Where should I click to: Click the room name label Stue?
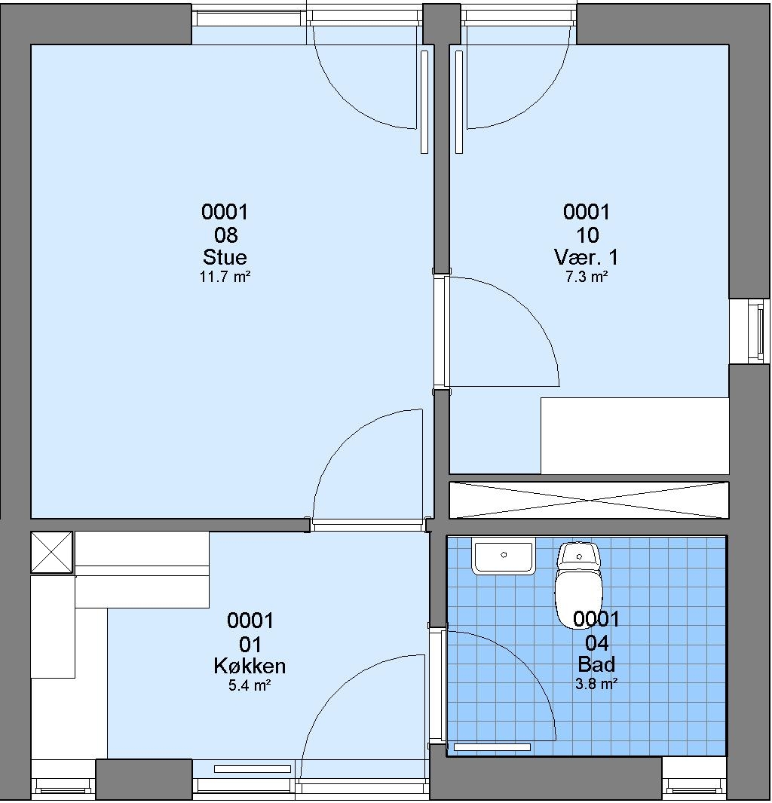pos(225,256)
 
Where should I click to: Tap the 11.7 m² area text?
pos(225,277)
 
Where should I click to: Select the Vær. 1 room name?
pos(587,256)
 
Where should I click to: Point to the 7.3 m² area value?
pos(587,277)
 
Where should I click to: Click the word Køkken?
pos(250,666)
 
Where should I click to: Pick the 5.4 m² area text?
pos(250,685)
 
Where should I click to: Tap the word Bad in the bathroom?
pos(596,664)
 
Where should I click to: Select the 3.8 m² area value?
pos(596,684)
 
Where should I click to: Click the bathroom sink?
pos(504,556)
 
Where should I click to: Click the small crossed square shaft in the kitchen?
pos(52,552)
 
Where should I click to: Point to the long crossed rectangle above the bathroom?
pos(589,500)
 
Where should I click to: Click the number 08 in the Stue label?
pos(225,235)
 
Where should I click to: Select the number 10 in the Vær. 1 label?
pos(587,235)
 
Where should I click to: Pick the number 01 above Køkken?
pos(250,644)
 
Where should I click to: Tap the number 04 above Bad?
pos(597,642)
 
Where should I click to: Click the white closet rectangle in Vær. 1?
pos(635,435)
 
